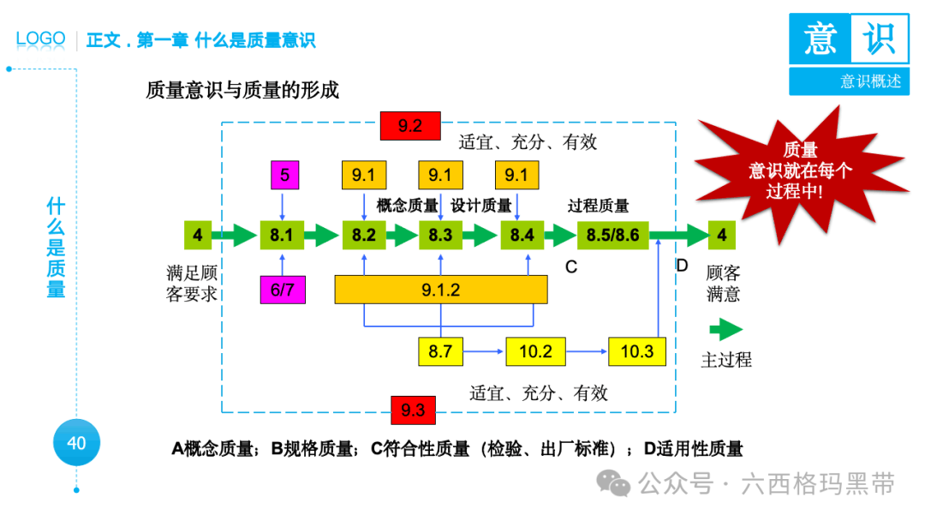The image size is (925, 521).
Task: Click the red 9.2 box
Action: pyautogui.click(x=410, y=126)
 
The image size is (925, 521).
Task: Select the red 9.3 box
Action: pyautogui.click(x=413, y=410)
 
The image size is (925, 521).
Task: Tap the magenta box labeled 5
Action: pyautogui.click(x=285, y=176)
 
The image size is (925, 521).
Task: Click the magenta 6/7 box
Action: pyautogui.click(x=283, y=290)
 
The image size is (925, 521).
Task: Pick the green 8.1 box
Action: pyautogui.click(x=282, y=235)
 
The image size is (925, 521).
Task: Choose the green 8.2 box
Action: pyautogui.click(x=364, y=235)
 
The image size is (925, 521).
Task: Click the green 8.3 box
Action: pyautogui.click(x=440, y=235)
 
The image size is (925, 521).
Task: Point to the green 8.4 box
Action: pyautogui.click(x=522, y=235)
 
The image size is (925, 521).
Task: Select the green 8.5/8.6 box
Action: pyautogui.click(x=612, y=235)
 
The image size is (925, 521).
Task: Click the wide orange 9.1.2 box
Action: pyautogui.click(x=440, y=290)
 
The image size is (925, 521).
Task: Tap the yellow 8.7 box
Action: pyautogui.click(x=440, y=351)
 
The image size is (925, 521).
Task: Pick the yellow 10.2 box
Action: pyautogui.click(x=535, y=351)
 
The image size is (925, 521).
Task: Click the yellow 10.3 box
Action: pyautogui.click(x=637, y=351)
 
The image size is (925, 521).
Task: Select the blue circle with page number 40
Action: pyautogui.click(x=76, y=443)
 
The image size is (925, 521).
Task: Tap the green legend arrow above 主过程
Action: pyautogui.click(x=725, y=330)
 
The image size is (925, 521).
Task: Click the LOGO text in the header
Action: pyautogui.click(x=40, y=39)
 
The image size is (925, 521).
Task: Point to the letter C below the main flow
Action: pyautogui.click(x=570, y=267)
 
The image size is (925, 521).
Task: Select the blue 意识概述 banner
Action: pyautogui.click(x=849, y=81)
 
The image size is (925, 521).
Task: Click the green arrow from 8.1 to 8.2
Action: pyautogui.click(x=321, y=235)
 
